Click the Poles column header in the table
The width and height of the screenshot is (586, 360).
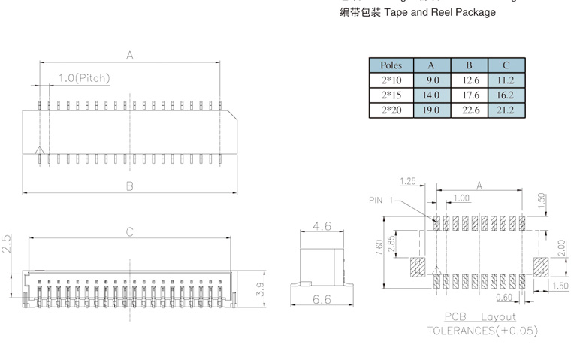[x=391, y=65]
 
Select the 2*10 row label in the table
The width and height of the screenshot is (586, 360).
[x=391, y=80]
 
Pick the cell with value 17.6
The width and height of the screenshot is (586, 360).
[x=470, y=95]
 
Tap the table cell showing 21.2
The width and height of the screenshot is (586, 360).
[x=506, y=110]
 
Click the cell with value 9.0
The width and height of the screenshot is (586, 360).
[x=433, y=80]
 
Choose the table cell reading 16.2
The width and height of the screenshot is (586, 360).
[x=506, y=95]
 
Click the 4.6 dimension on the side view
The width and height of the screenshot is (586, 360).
[x=322, y=226]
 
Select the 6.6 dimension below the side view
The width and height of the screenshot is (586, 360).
[x=322, y=300]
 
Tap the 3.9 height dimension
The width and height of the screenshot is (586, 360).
[x=260, y=288]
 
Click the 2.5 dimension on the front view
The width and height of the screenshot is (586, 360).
[x=7, y=244]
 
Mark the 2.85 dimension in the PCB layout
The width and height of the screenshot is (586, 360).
[x=391, y=244]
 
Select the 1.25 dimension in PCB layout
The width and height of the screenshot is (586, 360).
[x=409, y=181]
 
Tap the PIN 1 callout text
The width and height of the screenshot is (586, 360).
[x=381, y=200]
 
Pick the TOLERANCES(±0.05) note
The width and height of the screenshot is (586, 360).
[x=482, y=330]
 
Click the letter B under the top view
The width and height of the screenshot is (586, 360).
[x=129, y=186]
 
